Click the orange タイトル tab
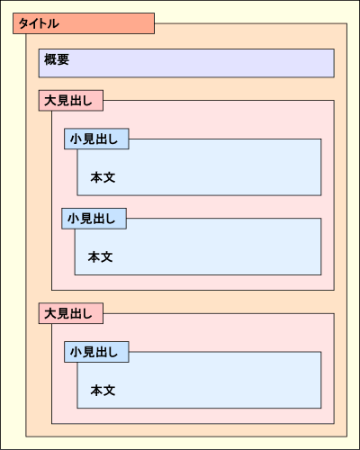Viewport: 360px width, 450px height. tap(84, 23)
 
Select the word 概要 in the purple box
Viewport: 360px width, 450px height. tap(57, 60)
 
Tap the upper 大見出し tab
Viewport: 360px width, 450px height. tap(72, 100)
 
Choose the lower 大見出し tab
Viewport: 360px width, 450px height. tap(72, 313)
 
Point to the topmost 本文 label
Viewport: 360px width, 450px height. tap(103, 177)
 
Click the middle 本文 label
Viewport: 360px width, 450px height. tap(100, 256)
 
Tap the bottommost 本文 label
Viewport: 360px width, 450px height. tap(103, 391)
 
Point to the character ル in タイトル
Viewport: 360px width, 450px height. tap(54, 23)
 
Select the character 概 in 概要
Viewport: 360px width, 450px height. tap(50, 60)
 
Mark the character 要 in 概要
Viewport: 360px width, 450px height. tap(63, 60)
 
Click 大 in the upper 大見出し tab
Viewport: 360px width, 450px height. tap(50, 100)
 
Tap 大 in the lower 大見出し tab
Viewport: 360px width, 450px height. tap(50, 313)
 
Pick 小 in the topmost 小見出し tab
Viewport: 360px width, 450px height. tap(76, 139)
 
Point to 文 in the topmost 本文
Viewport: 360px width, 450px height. tap(109, 177)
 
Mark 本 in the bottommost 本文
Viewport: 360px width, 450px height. tap(96, 391)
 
